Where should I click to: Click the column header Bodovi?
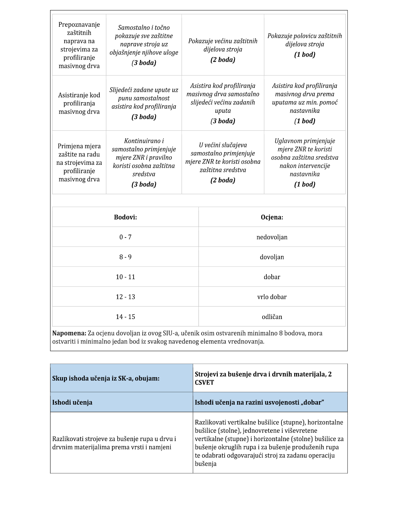pyautogui.click(x=125, y=217)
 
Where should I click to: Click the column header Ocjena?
pyautogui.click(x=272, y=217)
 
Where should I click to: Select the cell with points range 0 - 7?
pyautogui.click(x=125, y=237)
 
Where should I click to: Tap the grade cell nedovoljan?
pyautogui.click(x=272, y=237)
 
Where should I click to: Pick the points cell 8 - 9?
pyautogui.click(x=125, y=257)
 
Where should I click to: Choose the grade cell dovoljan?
pyautogui.click(x=272, y=257)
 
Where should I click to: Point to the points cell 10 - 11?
pyautogui.click(x=125, y=277)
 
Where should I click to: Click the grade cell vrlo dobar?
pyautogui.click(x=272, y=297)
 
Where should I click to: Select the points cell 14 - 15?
pyautogui.click(x=125, y=317)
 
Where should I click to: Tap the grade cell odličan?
pyautogui.click(x=272, y=317)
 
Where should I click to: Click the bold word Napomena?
pyautogui.click(x=69, y=333)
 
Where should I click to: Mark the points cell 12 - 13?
pyautogui.click(x=125, y=297)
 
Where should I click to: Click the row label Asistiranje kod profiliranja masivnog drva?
pyautogui.click(x=79, y=103)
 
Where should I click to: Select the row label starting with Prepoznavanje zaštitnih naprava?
pyautogui.click(x=79, y=45)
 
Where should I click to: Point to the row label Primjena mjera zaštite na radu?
pyautogui.click(x=79, y=163)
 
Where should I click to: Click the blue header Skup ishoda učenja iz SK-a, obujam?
pyautogui.click(x=106, y=378)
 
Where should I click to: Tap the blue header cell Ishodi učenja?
pyautogui.click(x=72, y=402)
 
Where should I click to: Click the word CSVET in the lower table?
pyautogui.click(x=204, y=382)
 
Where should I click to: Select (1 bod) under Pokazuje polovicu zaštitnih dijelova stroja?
pyautogui.click(x=305, y=55)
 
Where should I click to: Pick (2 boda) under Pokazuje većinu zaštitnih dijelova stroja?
pyautogui.click(x=223, y=60)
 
